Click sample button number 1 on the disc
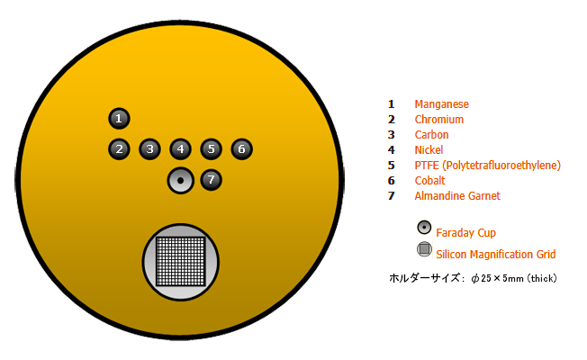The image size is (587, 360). click(x=119, y=118)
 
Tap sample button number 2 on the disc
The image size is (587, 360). click(x=119, y=148)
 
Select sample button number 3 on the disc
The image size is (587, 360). click(x=149, y=148)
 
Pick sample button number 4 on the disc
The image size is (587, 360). click(x=180, y=148)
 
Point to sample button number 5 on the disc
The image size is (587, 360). click(x=211, y=148)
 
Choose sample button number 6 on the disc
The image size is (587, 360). click(x=240, y=148)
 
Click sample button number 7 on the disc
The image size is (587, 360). click(x=211, y=180)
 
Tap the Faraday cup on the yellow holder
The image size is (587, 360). click(x=180, y=180)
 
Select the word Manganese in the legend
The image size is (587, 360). click(x=441, y=104)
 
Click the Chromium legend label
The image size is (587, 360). click(x=438, y=120)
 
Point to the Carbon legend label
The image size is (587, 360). click(x=431, y=135)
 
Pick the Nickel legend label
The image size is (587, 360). click(x=429, y=150)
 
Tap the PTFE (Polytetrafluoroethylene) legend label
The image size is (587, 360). click(x=487, y=166)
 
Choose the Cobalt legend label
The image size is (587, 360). click(x=429, y=181)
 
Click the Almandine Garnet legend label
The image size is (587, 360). click(x=457, y=196)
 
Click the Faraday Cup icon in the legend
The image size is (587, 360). click(x=424, y=228)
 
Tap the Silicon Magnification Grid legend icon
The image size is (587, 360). click(x=424, y=249)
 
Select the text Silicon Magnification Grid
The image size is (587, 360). click(x=495, y=255)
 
